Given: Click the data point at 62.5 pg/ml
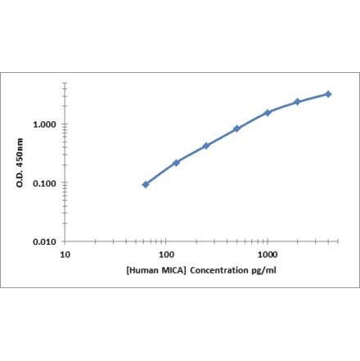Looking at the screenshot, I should [x=146, y=184].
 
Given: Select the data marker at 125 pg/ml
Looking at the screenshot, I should [x=176, y=162].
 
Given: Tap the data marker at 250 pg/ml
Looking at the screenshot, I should [x=206, y=146].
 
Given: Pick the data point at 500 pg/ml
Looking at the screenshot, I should [x=236, y=129].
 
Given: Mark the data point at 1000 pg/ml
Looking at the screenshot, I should [x=268, y=112].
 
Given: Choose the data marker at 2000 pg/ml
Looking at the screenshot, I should [x=298, y=102].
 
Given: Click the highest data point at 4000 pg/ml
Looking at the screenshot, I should [x=328, y=94].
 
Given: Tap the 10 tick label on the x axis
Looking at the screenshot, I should [x=65, y=255].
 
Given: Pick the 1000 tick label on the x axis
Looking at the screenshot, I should [x=268, y=255].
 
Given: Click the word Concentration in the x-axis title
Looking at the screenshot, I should [x=215, y=269].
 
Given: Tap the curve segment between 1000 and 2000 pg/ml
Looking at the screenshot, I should [x=283, y=106].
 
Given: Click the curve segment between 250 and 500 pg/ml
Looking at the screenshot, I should [x=222, y=137].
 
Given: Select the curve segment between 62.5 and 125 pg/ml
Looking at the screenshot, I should [x=161, y=173].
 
